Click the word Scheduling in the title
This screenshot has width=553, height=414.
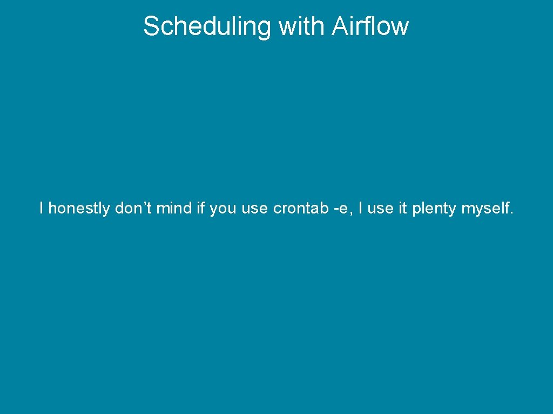[x=207, y=26]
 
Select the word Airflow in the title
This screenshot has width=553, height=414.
[x=370, y=26]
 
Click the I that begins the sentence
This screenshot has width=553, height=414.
[x=42, y=208]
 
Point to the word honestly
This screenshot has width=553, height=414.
[x=79, y=208]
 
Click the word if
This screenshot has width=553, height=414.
[x=200, y=208]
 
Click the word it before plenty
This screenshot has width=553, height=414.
[x=402, y=208]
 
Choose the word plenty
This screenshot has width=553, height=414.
[x=434, y=209]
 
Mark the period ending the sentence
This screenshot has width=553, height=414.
[x=511, y=212]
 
